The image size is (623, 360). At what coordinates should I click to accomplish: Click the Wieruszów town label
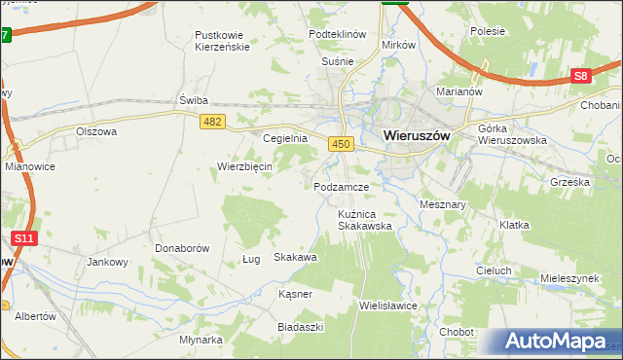(417, 136)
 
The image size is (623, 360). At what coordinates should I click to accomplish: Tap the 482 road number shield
(214, 121)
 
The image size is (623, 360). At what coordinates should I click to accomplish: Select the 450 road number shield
(340, 144)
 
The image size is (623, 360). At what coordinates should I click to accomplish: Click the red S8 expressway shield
(580, 76)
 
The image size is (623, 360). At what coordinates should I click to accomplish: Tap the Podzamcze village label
(341, 186)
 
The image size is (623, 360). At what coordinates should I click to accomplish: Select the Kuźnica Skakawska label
(364, 219)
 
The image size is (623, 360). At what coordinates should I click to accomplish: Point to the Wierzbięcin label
(244, 165)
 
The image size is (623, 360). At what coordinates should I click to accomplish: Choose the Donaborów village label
(182, 248)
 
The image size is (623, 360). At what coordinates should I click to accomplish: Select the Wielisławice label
(388, 305)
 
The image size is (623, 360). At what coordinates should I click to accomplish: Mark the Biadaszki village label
(300, 327)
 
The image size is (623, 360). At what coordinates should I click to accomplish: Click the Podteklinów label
(337, 33)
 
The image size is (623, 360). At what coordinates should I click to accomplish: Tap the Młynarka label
(202, 340)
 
